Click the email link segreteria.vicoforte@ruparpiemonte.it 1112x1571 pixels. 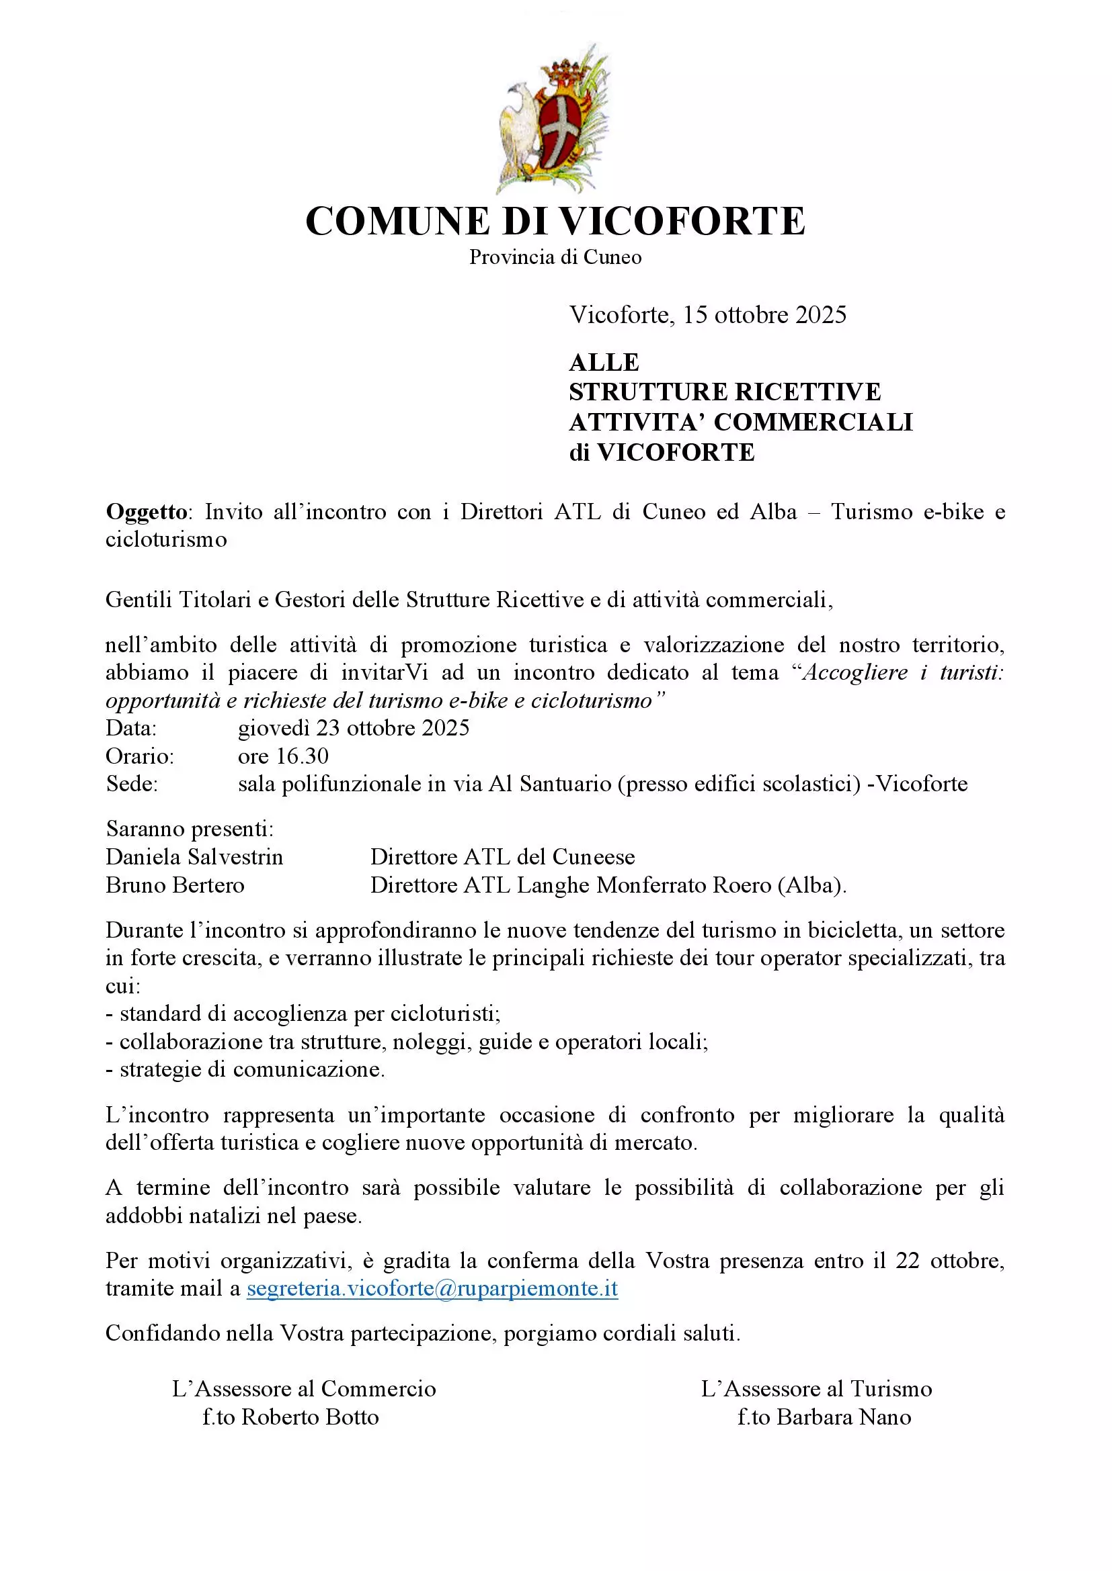point(432,1288)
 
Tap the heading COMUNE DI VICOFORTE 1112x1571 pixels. point(555,221)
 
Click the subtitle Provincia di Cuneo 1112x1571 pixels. point(555,257)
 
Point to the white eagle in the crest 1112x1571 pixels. point(520,126)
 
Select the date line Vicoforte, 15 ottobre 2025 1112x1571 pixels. point(708,315)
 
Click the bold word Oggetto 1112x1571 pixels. point(146,512)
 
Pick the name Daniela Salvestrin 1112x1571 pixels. point(194,856)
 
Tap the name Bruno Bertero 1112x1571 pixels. point(175,885)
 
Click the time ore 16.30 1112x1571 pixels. point(284,756)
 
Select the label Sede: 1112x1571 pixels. point(132,783)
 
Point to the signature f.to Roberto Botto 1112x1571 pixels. point(290,1417)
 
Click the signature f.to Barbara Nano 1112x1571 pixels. point(824,1417)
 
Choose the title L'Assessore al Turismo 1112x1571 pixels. point(816,1388)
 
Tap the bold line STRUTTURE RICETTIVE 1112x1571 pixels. point(725,392)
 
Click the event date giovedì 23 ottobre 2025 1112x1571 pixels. point(354,727)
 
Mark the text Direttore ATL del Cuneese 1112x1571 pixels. point(503,856)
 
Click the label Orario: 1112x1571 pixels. point(140,756)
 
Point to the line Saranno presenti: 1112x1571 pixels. point(190,829)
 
